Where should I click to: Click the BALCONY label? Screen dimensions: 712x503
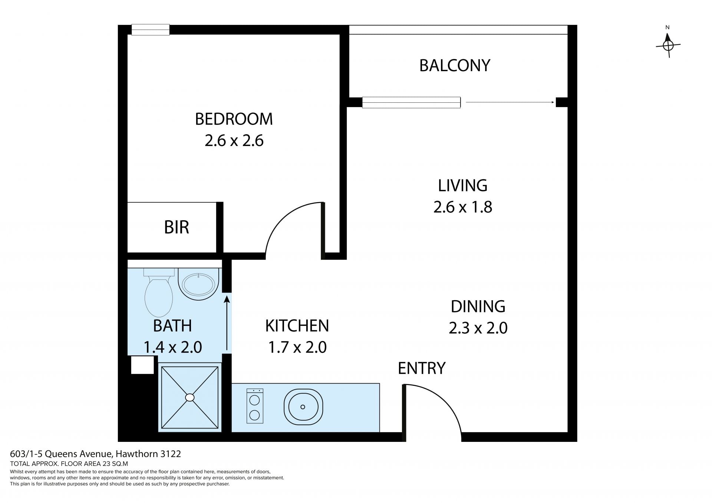[x=455, y=65]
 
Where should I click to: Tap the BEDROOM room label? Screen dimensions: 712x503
[x=234, y=119]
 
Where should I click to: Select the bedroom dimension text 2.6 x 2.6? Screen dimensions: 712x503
[x=234, y=141]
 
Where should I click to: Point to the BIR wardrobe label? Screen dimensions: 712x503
[x=177, y=227]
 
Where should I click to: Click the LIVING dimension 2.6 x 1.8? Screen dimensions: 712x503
[x=463, y=207]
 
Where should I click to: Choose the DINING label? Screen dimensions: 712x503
[x=478, y=307]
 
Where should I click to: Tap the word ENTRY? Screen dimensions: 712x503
[x=422, y=368]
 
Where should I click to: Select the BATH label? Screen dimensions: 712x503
[x=172, y=326]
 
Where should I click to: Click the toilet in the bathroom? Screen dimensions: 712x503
[x=159, y=292]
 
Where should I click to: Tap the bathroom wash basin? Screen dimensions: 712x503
[x=199, y=284]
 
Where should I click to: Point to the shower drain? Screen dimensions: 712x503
[x=190, y=397]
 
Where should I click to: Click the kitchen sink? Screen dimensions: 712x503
[x=303, y=407]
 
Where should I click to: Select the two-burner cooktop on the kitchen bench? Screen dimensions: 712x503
[x=255, y=406]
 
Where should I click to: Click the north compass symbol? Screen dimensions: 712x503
[x=668, y=45]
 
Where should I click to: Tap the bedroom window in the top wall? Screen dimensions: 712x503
[x=151, y=30]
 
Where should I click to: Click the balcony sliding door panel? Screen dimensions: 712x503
[x=411, y=102]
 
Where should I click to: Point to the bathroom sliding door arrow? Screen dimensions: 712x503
[x=227, y=322]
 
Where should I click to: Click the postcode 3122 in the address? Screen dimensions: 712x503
[x=171, y=454]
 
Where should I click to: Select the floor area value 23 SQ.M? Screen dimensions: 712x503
[x=115, y=464]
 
